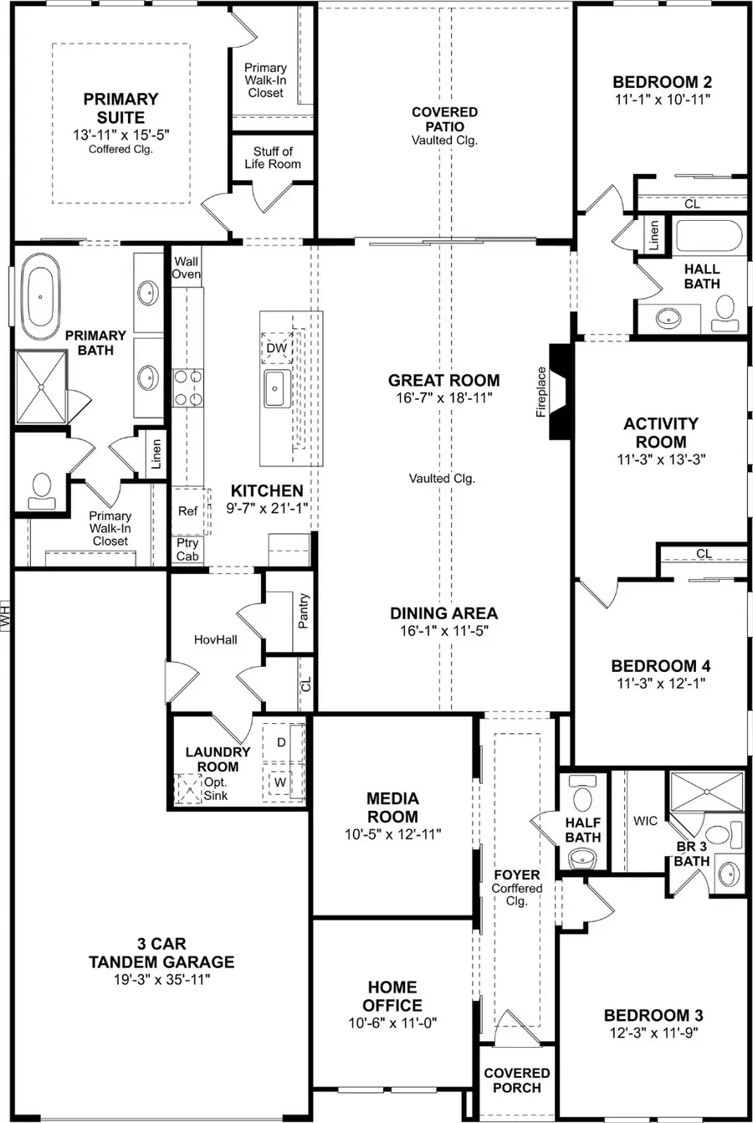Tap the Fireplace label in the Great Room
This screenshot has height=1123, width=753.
pyautogui.click(x=541, y=392)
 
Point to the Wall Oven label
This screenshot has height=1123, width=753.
pyautogui.click(x=187, y=268)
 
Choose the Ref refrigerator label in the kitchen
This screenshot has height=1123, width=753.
pyautogui.click(x=187, y=510)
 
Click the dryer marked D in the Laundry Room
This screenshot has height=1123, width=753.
pyautogui.click(x=281, y=742)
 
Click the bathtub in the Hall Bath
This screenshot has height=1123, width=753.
pyautogui.click(x=709, y=236)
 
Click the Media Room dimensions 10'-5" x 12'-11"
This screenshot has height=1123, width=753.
pyautogui.click(x=392, y=834)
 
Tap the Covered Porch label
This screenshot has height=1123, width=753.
pyautogui.click(x=517, y=1080)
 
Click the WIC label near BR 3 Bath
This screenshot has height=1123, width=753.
pyautogui.click(x=645, y=821)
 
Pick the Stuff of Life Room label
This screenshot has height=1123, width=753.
pyautogui.click(x=273, y=157)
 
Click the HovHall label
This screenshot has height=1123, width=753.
pyautogui.click(x=215, y=639)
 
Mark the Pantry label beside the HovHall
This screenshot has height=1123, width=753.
pyautogui.click(x=303, y=611)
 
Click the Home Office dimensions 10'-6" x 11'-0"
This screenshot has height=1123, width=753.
pyautogui.click(x=392, y=1023)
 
